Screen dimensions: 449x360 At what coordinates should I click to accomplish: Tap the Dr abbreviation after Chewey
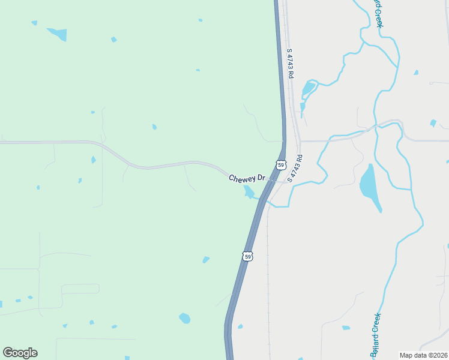pos(261,179)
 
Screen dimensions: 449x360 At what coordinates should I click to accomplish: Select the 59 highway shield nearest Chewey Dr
pos(281,164)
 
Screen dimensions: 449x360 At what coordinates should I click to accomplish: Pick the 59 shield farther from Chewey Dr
pos(248,256)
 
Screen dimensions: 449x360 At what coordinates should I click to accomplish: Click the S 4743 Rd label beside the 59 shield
pos(295,169)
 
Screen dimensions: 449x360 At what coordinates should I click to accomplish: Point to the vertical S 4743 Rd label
pos(290,63)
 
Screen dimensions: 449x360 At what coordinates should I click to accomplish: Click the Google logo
pos(20,353)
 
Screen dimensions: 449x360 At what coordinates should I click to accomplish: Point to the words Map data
pos(412,355)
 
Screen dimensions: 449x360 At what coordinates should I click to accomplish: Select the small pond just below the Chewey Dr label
pos(249,191)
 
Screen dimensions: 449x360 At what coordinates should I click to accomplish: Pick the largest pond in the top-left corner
pos(58,34)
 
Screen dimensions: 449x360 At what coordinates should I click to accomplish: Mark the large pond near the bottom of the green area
pos(185,318)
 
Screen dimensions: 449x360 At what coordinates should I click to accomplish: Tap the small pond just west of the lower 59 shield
pos(206,260)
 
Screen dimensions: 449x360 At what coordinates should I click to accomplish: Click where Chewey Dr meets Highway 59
pos(272,180)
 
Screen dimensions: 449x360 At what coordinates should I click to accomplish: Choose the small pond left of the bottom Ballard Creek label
pos(346,328)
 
